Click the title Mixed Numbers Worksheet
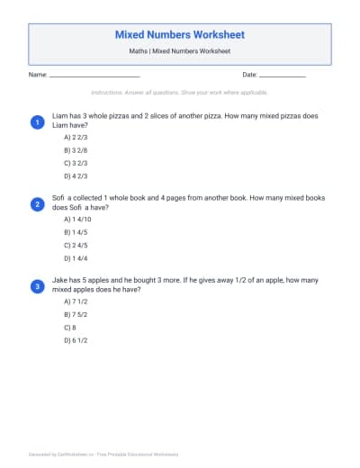180,34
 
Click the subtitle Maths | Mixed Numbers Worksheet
180,53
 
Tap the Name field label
37,75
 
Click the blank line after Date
283,76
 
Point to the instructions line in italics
180,93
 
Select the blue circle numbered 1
37,121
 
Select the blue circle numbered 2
37,204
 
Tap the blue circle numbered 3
37,286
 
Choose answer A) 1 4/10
77,219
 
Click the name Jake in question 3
60,281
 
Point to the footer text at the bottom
103,454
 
